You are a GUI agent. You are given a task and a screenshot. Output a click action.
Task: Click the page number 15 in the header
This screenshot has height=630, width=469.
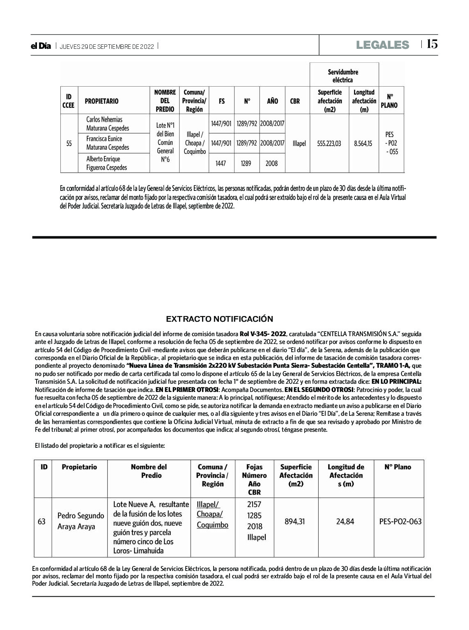point(432,44)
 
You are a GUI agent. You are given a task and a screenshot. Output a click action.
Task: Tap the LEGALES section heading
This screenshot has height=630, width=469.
point(382,45)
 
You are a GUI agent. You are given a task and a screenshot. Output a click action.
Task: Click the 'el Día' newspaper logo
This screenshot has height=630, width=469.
point(41,46)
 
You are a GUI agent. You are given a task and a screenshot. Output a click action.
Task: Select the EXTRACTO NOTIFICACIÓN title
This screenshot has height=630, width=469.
point(219,319)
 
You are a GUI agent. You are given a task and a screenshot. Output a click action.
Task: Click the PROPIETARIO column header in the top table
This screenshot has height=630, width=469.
point(101,101)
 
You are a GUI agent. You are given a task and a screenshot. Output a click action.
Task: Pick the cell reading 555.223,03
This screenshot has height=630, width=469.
point(329,144)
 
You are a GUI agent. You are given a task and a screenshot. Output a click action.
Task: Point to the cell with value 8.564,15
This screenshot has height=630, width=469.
point(363,144)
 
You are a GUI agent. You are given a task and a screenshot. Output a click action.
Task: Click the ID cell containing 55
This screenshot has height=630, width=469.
point(69,144)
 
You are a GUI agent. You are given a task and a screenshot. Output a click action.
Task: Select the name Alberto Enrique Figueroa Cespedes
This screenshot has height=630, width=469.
point(106,163)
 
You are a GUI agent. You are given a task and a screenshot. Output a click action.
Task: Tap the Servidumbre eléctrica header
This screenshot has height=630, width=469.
point(343,76)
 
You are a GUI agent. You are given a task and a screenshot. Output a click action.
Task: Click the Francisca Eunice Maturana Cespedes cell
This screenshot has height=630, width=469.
point(108,143)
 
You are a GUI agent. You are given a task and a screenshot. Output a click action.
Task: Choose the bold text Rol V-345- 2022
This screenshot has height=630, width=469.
point(263,334)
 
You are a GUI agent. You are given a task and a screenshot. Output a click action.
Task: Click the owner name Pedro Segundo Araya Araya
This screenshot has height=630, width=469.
point(80,521)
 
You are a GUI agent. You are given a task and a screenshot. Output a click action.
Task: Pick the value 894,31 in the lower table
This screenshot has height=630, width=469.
point(295,521)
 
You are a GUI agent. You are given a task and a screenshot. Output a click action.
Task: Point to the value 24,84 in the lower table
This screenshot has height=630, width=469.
point(345,521)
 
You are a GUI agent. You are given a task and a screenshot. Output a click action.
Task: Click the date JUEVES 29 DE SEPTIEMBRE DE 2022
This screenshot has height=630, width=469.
point(107,47)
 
